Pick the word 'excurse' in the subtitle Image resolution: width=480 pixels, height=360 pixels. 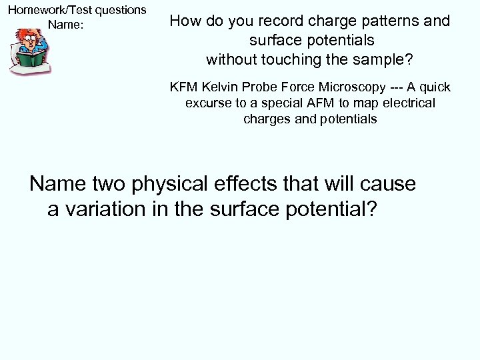(207, 103)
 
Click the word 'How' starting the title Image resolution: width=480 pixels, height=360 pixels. (183, 21)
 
